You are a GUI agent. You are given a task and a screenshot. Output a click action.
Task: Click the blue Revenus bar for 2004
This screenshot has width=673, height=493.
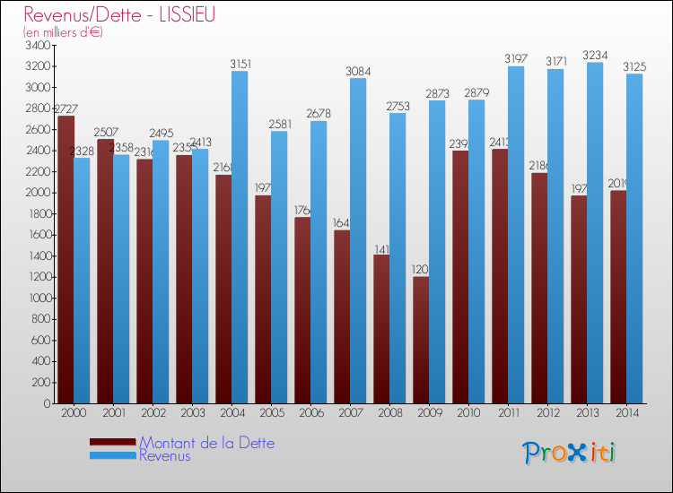tap(240, 238)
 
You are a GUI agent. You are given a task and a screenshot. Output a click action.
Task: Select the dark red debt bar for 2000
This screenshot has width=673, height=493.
tap(66, 260)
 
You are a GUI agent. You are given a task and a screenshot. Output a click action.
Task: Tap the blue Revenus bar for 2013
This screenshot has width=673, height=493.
tap(594, 233)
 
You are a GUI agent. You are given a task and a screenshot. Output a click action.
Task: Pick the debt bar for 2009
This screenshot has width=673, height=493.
tap(421, 341)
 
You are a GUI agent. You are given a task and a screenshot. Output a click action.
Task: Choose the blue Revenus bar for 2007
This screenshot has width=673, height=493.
tap(358, 241)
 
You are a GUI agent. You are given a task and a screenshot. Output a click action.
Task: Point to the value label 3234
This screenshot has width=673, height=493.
tap(595, 56)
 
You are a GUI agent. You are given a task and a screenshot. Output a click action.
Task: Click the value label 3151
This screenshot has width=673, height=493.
tap(240, 64)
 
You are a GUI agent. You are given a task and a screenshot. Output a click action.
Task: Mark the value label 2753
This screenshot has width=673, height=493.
tap(398, 106)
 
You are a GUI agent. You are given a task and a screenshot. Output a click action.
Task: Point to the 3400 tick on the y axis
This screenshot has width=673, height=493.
tap(39, 45)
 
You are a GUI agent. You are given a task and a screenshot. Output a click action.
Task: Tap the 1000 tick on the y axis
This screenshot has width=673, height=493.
tap(39, 298)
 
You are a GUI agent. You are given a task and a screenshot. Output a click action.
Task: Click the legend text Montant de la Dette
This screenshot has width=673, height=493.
tap(206, 443)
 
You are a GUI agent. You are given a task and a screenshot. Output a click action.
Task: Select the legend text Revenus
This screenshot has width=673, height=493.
tap(165, 456)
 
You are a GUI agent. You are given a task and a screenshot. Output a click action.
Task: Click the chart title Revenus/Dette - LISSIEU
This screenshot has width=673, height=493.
tap(119, 15)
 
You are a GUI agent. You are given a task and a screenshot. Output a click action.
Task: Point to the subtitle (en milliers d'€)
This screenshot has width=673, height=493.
tap(64, 32)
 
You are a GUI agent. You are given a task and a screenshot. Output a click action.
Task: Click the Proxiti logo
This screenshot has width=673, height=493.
tap(569, 453)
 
